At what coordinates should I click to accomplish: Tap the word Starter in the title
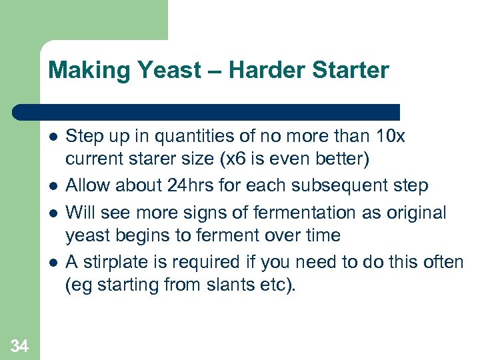point(351,70)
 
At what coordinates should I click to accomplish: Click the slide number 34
point(20,345)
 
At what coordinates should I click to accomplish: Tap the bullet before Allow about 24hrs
point(53,185)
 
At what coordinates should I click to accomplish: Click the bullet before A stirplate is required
point(53,263)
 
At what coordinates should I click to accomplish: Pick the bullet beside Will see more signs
point(53,213)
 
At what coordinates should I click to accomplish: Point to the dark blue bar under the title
point(207,112)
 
